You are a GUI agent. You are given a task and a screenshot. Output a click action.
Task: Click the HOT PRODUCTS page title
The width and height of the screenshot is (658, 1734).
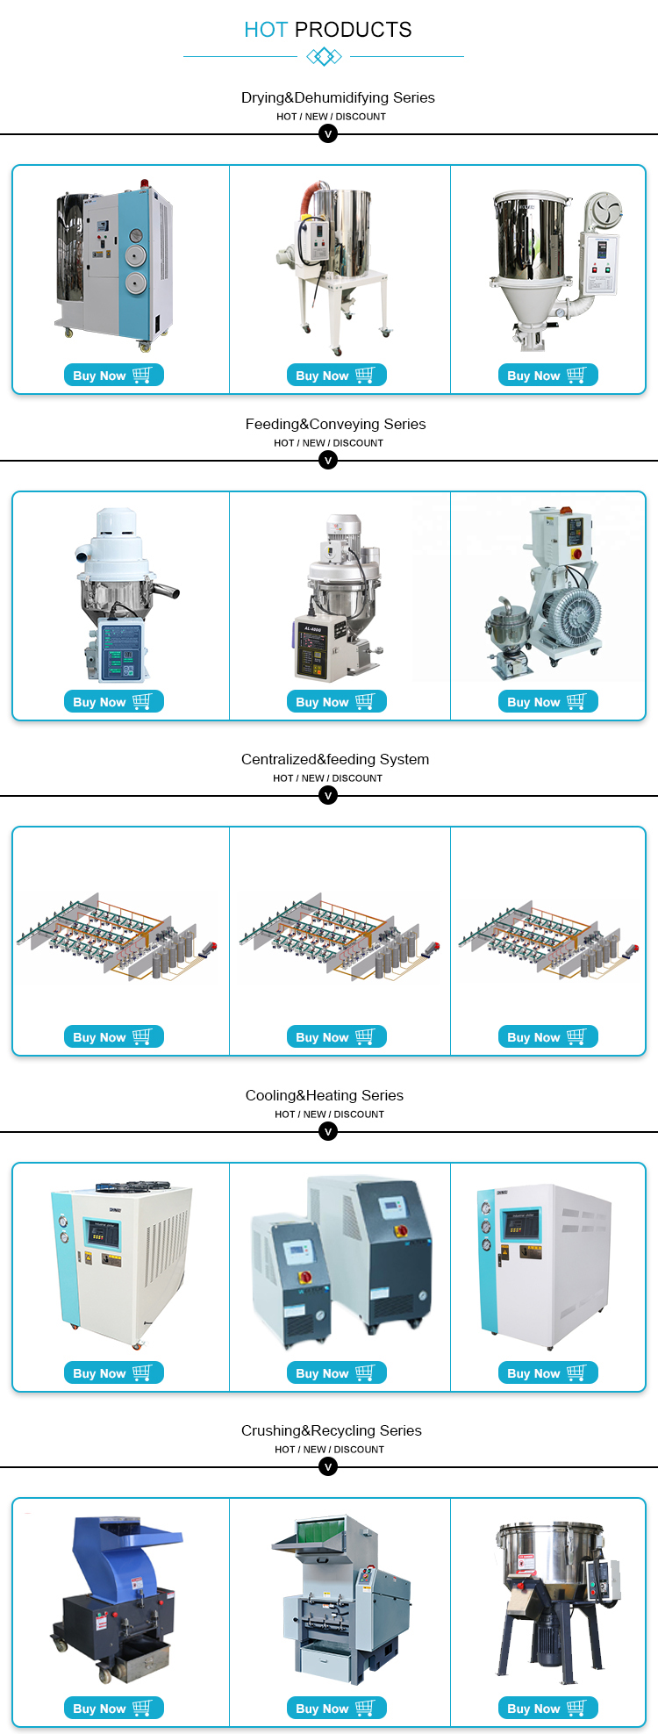click(328, 30)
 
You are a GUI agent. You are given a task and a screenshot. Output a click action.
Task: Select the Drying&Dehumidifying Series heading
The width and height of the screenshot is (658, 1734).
click(338, 97)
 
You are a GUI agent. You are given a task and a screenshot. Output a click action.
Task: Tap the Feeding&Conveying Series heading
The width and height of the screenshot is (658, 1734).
click(335, 424)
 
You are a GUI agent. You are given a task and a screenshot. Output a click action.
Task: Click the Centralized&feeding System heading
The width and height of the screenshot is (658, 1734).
click(335, 759)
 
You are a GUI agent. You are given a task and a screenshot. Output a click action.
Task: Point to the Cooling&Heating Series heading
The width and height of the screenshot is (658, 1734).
click(325, 1095)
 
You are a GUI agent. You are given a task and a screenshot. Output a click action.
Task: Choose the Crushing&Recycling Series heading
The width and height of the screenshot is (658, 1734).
click(332, 1430)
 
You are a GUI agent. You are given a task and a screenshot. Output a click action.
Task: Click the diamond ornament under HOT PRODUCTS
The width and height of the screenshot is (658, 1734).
click(324, 57)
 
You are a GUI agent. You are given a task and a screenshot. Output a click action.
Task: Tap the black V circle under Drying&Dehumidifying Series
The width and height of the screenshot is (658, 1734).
click(328, 134)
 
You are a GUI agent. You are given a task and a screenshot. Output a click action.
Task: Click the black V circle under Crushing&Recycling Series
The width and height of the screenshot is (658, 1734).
click(328, 1467)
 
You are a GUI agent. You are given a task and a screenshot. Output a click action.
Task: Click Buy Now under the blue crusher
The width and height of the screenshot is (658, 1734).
click(113, 1708)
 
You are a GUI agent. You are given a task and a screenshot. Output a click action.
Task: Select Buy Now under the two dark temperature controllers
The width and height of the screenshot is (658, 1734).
click(336, 1372)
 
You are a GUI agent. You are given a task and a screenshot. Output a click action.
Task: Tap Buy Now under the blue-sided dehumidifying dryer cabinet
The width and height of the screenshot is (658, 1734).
click(113, 375)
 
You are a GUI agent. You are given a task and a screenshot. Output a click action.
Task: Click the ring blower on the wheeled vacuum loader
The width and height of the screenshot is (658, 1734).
click(571, 613)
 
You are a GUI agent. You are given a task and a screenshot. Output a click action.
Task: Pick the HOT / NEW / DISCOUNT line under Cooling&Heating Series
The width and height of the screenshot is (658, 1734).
click(329, 1114)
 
